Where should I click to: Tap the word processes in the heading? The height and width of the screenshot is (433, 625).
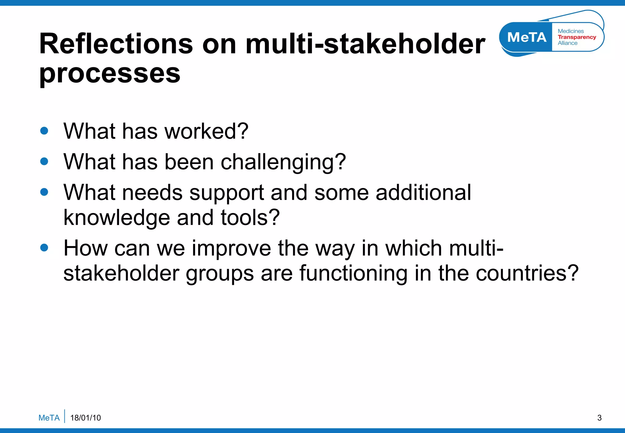110,74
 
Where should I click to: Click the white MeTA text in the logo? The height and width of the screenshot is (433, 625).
527,37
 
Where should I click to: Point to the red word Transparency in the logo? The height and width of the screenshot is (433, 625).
577,37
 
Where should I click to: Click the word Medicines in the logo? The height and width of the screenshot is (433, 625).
571,31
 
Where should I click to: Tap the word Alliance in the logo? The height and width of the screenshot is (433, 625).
568,43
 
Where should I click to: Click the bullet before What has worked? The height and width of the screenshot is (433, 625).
44,131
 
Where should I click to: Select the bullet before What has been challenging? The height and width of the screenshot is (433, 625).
44,161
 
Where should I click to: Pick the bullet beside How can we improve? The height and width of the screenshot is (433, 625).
44,247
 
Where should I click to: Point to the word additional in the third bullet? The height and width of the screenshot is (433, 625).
423,193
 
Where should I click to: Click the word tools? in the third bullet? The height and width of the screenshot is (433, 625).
250,217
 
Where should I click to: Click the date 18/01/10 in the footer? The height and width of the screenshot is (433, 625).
85,418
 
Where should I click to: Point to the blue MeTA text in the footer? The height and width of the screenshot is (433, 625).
49,418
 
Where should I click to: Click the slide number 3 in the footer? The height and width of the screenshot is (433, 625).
599,418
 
